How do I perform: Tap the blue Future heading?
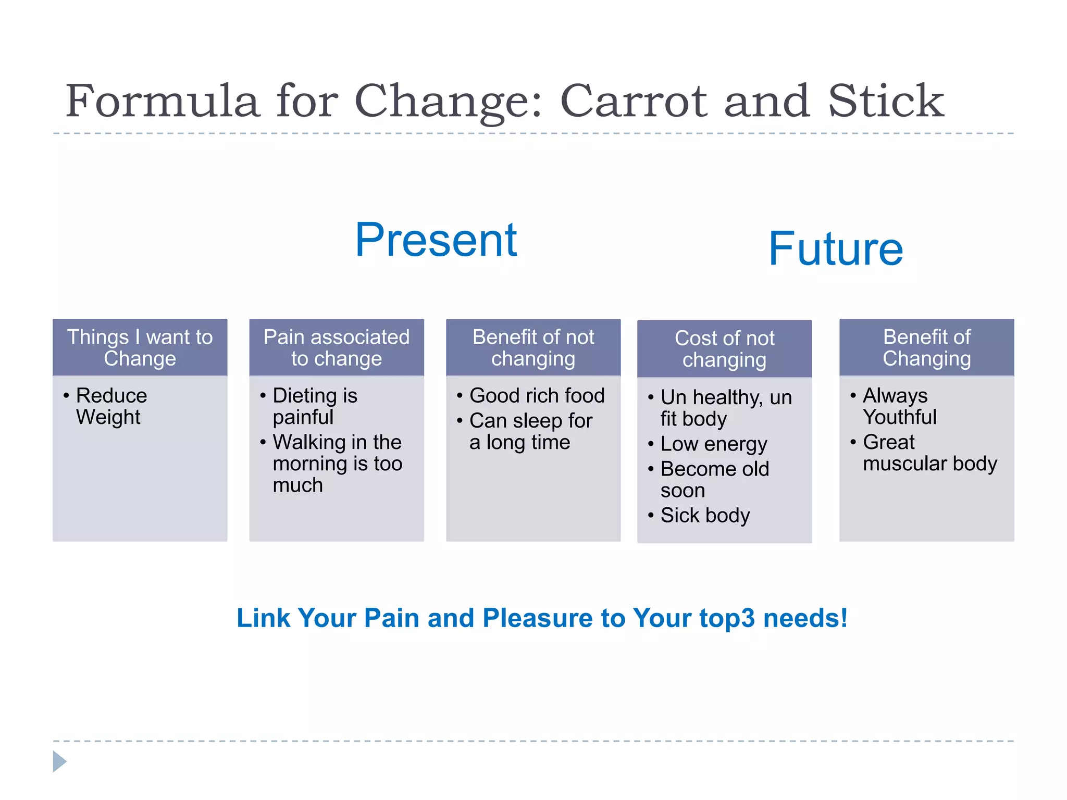point(835,249)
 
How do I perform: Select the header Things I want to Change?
point(140,347)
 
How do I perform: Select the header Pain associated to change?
point(336,347)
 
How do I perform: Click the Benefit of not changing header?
point(533,347)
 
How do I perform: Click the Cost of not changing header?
point(724,349)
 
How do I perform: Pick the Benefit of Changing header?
point(926,347)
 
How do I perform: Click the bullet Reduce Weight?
point(111,406)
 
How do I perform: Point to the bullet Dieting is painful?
point(314,406)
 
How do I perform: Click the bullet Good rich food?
point(537,395)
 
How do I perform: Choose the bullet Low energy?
point(713,444)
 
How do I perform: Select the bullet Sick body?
point(704,515)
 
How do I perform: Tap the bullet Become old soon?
point(714,479)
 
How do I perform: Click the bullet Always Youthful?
point(899,406)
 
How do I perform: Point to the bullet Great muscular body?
point(929,453)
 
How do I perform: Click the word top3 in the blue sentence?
point(726,618)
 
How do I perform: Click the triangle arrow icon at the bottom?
point(59,761)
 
